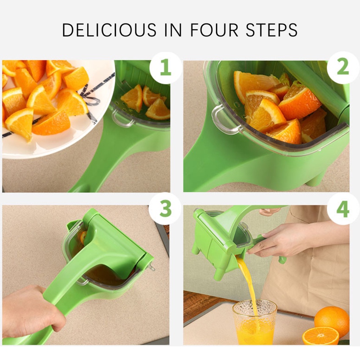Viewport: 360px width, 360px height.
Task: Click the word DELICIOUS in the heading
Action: pos(109,30)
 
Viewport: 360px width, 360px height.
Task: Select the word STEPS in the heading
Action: pos(271,30)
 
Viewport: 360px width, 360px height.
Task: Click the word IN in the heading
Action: pos(173,30)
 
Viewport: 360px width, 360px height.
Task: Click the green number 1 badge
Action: pos(166,67)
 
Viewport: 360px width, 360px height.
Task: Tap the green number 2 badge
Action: pos(343,67)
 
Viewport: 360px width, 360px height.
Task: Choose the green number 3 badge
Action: pos(165,208)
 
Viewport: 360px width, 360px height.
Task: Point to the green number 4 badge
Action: pos(343,209)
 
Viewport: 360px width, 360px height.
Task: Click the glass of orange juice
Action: pos(255,322)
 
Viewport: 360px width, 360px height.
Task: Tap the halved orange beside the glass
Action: pos(321,336)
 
